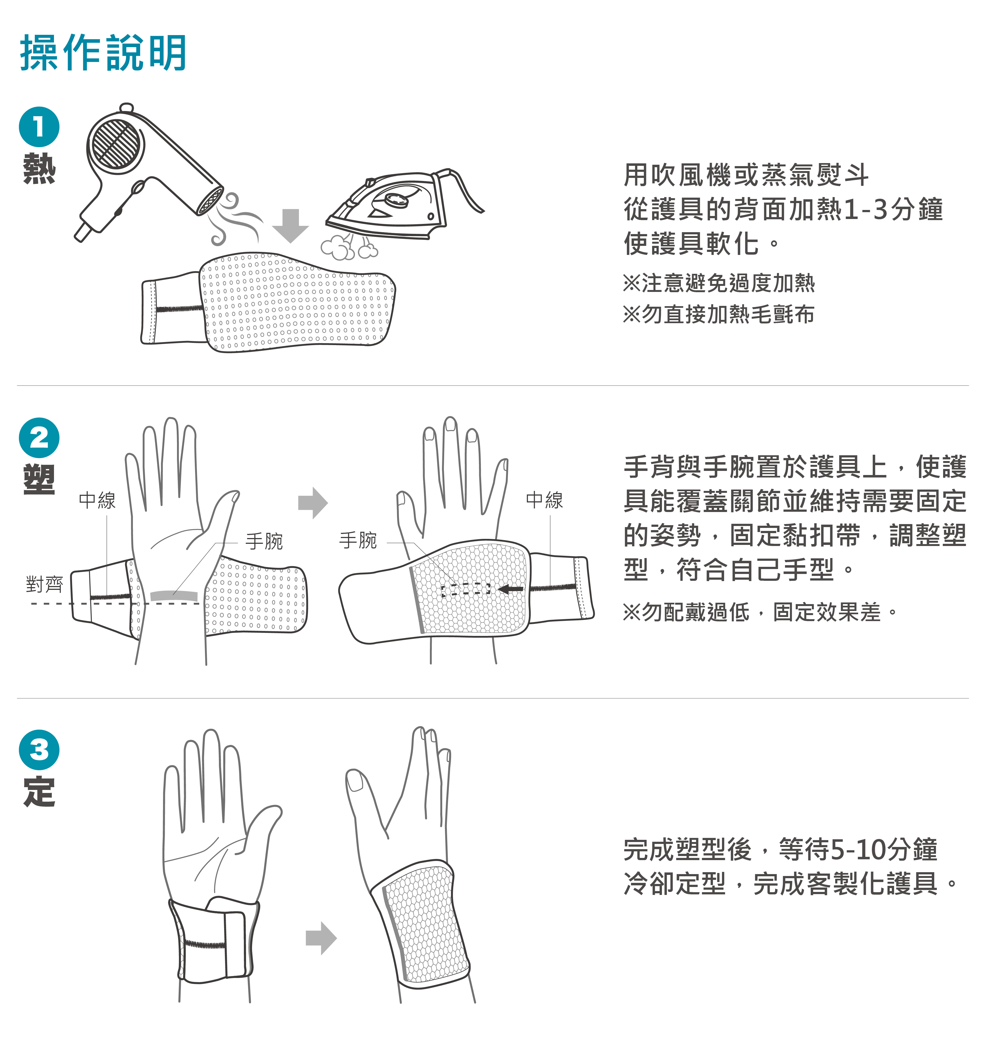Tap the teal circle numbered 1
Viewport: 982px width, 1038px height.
point(39,127)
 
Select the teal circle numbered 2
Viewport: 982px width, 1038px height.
point(39,438)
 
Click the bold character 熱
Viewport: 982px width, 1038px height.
point(39,169)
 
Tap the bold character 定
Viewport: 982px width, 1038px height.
point(39,791)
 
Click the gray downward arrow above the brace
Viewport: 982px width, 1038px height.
point(290,226)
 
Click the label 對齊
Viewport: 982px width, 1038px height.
point(44,584)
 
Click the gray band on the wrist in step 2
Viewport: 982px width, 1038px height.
point(174,595)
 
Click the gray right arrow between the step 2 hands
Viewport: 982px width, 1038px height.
point(313,503)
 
